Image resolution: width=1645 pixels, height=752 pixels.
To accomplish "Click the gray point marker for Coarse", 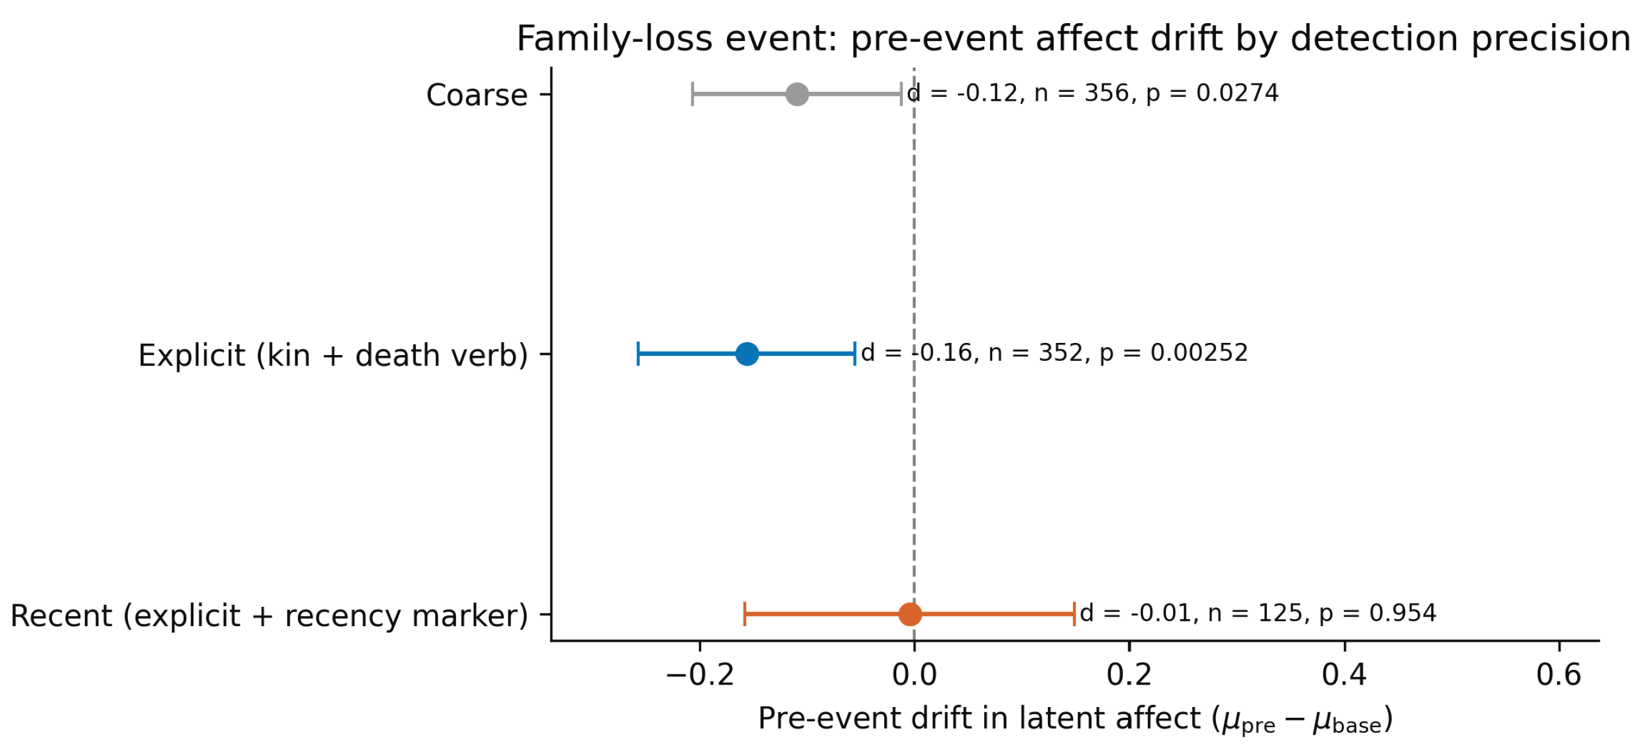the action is click(796, 94).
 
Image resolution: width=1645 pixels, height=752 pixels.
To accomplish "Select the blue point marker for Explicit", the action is click(746, 354).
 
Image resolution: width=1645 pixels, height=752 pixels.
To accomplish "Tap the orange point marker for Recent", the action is click(909, 614).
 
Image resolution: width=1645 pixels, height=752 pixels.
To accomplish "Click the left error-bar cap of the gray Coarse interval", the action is click(692, 94).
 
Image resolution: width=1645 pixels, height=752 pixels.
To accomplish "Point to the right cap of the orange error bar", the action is click(1074, 614).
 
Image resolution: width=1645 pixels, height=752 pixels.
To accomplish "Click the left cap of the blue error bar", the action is click(638, 354).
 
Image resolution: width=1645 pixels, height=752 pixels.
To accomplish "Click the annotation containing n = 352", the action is click(1054, 353).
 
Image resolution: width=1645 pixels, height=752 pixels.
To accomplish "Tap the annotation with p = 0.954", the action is click(1257, 613).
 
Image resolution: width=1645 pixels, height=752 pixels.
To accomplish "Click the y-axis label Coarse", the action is click(476, 95).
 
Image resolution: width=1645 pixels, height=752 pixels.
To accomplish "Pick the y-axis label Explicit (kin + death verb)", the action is click(333, 355).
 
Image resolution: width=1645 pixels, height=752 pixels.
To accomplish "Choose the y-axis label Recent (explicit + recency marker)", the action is click(269, 616).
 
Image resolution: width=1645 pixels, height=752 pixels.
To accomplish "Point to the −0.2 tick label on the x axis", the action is click(699, 676).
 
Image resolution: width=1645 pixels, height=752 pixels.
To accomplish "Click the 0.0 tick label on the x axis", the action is click(914, 676).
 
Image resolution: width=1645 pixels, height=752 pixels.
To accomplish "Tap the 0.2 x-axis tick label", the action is click(1129, 676).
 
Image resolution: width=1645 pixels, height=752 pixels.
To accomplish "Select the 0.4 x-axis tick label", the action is click(1344, 676).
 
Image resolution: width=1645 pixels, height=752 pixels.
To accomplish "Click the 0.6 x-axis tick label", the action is click(1558, 676).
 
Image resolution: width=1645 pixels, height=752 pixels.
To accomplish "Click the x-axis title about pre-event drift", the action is click(1075, 719).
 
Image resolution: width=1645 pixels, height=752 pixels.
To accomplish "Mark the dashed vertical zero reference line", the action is click(914, 354).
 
